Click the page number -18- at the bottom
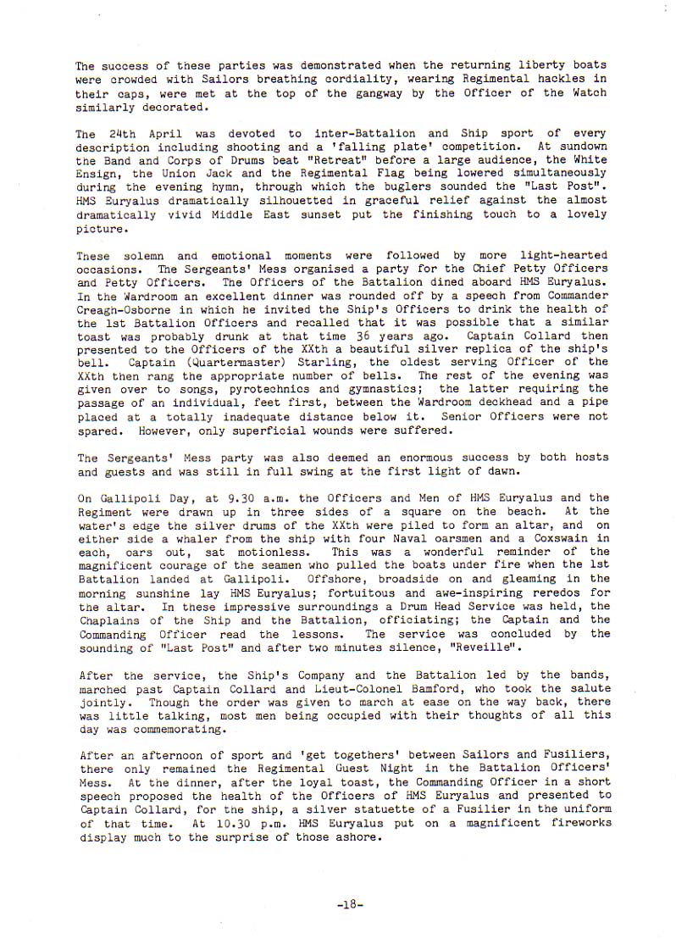coord(348,904)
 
